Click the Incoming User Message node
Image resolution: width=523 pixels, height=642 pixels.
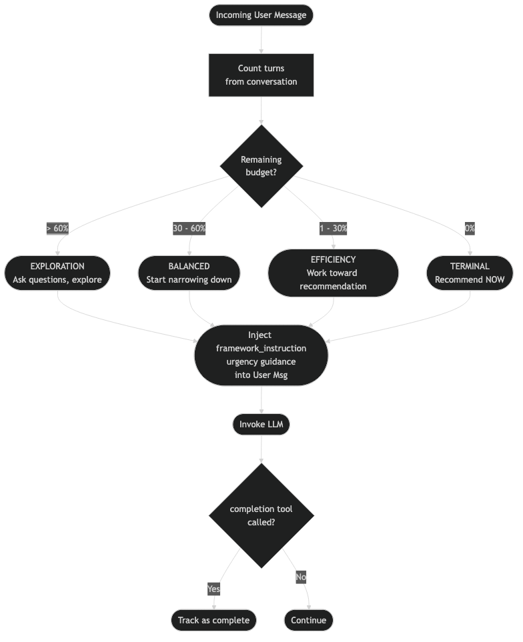pos(261,15)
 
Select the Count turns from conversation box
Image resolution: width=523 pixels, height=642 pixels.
pos(261,75)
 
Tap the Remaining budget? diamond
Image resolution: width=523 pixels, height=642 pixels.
pos(261,166)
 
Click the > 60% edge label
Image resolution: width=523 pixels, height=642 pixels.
pos(57,228)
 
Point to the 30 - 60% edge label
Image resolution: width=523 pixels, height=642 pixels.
pos(189,228)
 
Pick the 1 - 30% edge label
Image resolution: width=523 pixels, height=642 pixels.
pos(333,228)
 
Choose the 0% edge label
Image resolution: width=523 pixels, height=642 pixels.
pos(470,228)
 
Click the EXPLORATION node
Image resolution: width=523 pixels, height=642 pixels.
pos(57,273)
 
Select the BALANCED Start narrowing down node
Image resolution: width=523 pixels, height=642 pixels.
pos(189,273)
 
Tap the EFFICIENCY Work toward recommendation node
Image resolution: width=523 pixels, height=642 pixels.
pos(333,273)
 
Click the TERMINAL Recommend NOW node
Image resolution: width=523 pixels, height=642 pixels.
pos(470,273)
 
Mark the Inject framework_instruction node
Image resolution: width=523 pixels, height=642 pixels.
pos(261,355)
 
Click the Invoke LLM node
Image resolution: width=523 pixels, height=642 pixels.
pos(261,424)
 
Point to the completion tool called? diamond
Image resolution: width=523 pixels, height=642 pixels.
pos(261,515)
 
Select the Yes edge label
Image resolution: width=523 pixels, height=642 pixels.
pos(213,589)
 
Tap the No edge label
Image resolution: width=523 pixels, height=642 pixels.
pos(301,576)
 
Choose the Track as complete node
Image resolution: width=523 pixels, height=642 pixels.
pos(213,620)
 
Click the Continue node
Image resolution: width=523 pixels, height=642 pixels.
pos(309,620)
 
